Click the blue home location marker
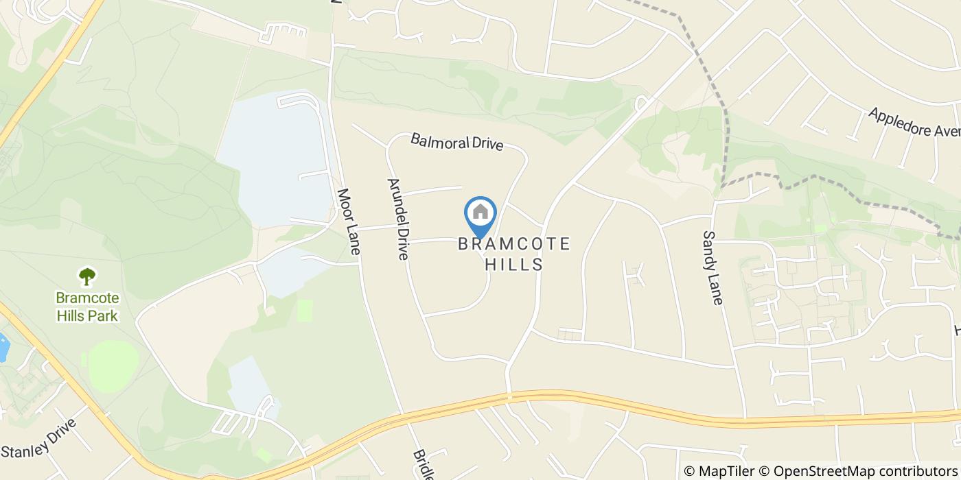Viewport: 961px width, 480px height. (x=480, y=214)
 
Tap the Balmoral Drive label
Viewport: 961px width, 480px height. (x=456, y=142)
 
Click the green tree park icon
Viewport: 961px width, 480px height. (x=87, y=276)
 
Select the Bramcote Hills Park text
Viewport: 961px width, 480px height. (x=87, y=307)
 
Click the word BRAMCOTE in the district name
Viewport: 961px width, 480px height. (x=514, y=244)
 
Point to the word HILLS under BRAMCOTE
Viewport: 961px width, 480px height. (x=514, y=265)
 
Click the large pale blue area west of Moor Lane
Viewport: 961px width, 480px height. (x=275, y=158)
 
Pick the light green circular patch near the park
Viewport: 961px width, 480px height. (x=113, y=365)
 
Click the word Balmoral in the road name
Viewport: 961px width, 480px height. (x=435, y=141)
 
